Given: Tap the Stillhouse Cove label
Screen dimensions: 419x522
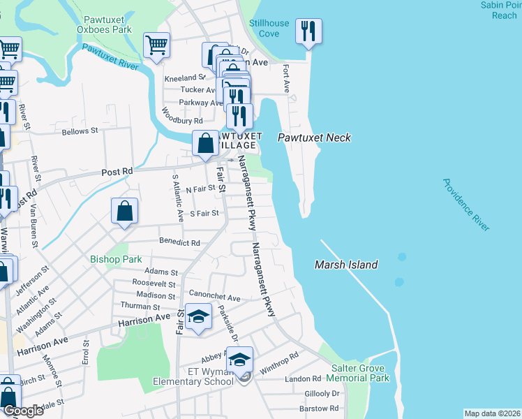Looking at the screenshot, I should click(x=269, y=29).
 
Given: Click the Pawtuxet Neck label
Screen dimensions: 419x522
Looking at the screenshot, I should click(x=314, y=138).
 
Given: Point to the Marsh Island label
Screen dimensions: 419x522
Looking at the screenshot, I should click(x=346, y=265).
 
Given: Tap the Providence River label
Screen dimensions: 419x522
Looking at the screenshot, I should click(x=465, y=205).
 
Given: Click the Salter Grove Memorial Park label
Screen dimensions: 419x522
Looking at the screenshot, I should click(x=360, y=373).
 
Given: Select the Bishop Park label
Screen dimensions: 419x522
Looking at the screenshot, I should click(x=116, y=259).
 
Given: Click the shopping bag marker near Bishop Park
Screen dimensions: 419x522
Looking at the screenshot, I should click(x=124, y=211).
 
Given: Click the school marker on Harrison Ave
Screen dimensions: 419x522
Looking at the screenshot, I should click(x=199, y=317).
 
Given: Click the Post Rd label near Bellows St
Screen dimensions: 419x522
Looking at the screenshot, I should click(x=117, y=171).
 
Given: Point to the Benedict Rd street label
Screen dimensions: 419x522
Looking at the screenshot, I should click(x=180, y=242).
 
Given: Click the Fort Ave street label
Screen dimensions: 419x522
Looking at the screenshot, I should click(x=285, y=78).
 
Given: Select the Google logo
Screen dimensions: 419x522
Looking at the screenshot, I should click(x=22, y=411).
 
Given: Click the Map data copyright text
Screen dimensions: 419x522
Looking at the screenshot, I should click(x=492, y=413).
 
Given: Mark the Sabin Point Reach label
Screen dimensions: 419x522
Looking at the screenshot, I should click(x=499, y=10).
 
